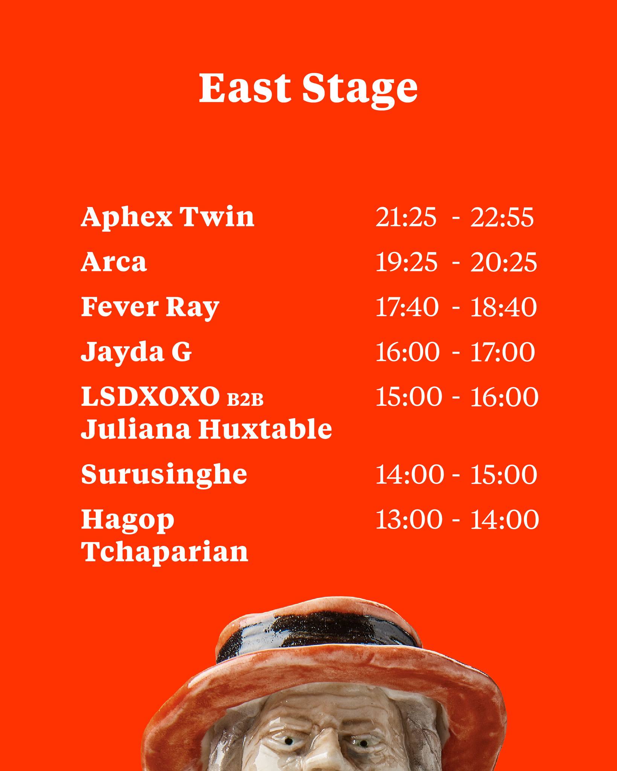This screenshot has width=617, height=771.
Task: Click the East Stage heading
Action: pyautogui.click(x=308, y=89)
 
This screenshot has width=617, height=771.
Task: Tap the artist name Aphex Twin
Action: pyautogui.click(x=168, y=218)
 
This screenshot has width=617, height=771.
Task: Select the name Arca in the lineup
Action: pyautogui.click(x=114, y=262)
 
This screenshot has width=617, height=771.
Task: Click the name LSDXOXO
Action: pyautogui.click(x=150, y=396)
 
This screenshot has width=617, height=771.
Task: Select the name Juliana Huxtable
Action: pyautogui.click(x=207, y=429)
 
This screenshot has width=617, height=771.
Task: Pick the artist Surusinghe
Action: pyautogui.click(x=164, y=474)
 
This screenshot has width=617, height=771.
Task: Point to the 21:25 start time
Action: pyautogui.click(x=406, y=218)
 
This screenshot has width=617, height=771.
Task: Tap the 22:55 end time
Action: pyautogui.click(x=502, y=218)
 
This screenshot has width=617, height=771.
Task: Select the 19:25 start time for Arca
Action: pyautogui.click(x=407, y=262)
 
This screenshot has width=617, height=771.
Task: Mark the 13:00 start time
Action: pyautogui.click(x=408, y=520)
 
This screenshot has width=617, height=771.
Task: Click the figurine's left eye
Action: pyautogui.click(x=289, y=742)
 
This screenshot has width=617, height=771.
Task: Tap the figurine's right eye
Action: pyautogui.click(x=362, y=743)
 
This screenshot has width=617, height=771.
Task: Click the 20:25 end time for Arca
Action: pyautogui.click(x=503, y=262)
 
